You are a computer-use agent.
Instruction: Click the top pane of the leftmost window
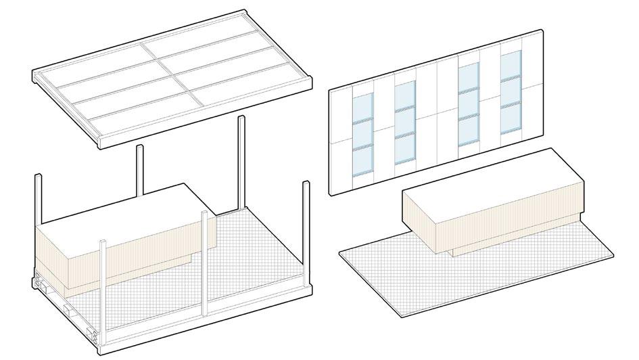[x=362, y=107]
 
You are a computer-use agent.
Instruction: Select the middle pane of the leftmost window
[x=362, y=133]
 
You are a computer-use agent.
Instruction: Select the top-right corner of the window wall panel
[x=542, y=31]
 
